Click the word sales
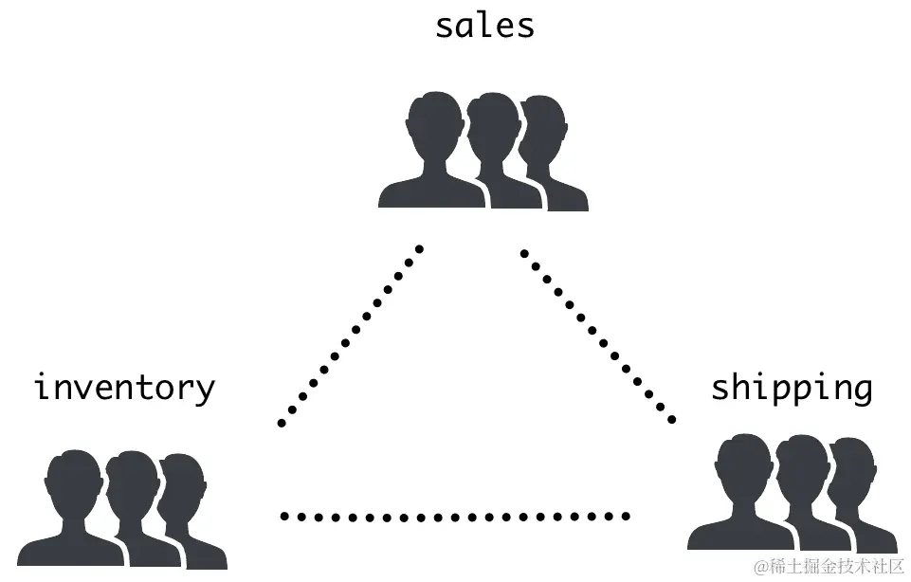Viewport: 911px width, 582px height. pos(484,25)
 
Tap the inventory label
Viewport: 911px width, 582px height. pos(124,389)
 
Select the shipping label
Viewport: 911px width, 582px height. pos(792,388)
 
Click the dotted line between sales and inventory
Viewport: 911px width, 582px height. pos(350,335)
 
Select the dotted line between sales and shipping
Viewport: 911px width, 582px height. pos(598,335)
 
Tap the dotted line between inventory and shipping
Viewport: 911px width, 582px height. pos(455,517)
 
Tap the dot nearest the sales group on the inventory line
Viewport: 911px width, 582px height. pos(419,249)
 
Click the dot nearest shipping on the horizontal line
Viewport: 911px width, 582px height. pos(626,517)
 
